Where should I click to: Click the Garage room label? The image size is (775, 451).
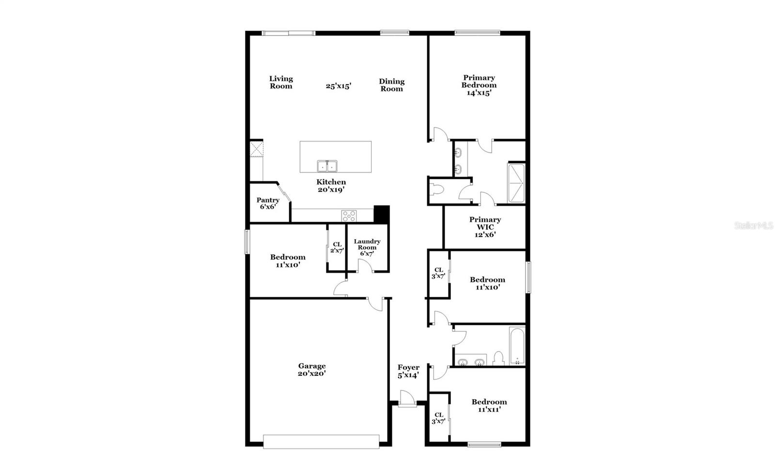pyautogui.click(x=311, y=370)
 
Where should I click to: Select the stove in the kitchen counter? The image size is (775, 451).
pyautogui.click(x=349, y=216)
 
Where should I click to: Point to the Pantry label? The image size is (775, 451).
pyautogui.click(x=268, y=203)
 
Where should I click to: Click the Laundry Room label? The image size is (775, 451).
pyautogui.click(x=367, y=247)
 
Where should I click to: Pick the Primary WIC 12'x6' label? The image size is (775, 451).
pyautogui.click(x=485, y=227)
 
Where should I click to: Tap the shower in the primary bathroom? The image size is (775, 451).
pyautogui.click(x=516, y=183)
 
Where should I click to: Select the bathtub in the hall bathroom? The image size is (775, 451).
pyautogui.click(x=517, y=346)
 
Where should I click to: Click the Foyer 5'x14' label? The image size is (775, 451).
pyautogui.click(x=408, y=371)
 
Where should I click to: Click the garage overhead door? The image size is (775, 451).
pyautogui.click(x=321, y=441)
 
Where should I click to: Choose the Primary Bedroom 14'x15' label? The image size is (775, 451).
pyautogui.click(x=479, y=85)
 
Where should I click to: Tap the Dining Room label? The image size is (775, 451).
pyautogui.click(x=391, y=85)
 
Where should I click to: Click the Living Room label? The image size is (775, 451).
pyautogui.click(x=281, y=82)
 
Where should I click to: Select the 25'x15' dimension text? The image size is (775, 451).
pyautogui.click(x=338, y=86)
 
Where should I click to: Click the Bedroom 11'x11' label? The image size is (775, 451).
pyautogui.click(x=489, y=405)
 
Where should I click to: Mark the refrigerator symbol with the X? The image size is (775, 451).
pyautogui.click(x=256, y=149)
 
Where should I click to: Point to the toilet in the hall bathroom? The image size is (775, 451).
pyautogui.click(x=498, y=358)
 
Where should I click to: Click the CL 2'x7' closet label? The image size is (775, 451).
pyautogui.click(x=337, y=248)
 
